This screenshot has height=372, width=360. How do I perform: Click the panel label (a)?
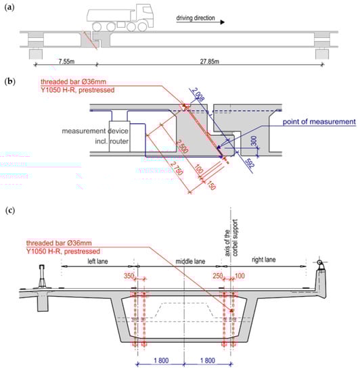tap(9, 7)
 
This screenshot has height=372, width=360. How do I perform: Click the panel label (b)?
tap(10, 81)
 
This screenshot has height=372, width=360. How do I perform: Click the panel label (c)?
tap(10, 210)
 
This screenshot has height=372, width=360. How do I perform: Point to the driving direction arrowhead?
tap(222, 22)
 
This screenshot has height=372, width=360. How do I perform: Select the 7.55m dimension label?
tap(66, 62)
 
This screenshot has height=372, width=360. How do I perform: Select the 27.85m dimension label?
tap(209, 62)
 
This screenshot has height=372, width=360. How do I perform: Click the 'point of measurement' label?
tap(319, 122)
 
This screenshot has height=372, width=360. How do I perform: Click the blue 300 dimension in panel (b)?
tap(254, 141)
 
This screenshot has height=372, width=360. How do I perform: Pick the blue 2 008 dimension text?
tap(198, 94)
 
